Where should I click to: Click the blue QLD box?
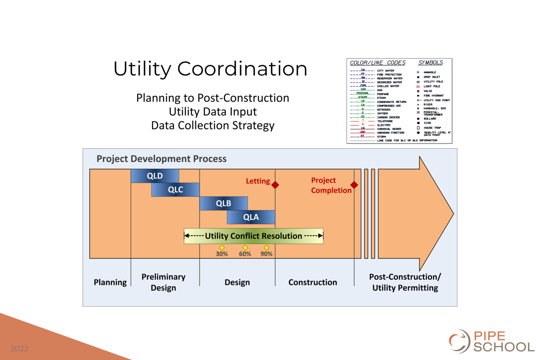(155, 176)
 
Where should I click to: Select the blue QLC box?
(175, 190)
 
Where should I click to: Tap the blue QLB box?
(224, 203)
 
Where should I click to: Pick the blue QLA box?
(251, 217)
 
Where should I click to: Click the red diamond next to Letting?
(275, 185)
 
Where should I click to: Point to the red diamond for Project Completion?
(354, 185)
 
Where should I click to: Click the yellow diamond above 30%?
(222, 248)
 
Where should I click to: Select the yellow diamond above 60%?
(245, 248)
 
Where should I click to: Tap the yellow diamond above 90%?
(266, 248)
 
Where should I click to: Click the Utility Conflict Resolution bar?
(253, 236)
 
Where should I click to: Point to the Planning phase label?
(110, 282)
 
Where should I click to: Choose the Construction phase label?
(312, 282)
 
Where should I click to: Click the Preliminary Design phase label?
(163, 282)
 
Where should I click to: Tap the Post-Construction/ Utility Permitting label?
(405, 282)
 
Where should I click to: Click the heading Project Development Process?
(162, 159)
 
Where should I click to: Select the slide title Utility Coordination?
(210, 69)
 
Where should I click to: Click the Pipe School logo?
(491, 341)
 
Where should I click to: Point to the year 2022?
(19, 348)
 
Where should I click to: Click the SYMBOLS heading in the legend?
(431, 63)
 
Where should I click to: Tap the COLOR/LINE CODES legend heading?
(378, 63)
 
